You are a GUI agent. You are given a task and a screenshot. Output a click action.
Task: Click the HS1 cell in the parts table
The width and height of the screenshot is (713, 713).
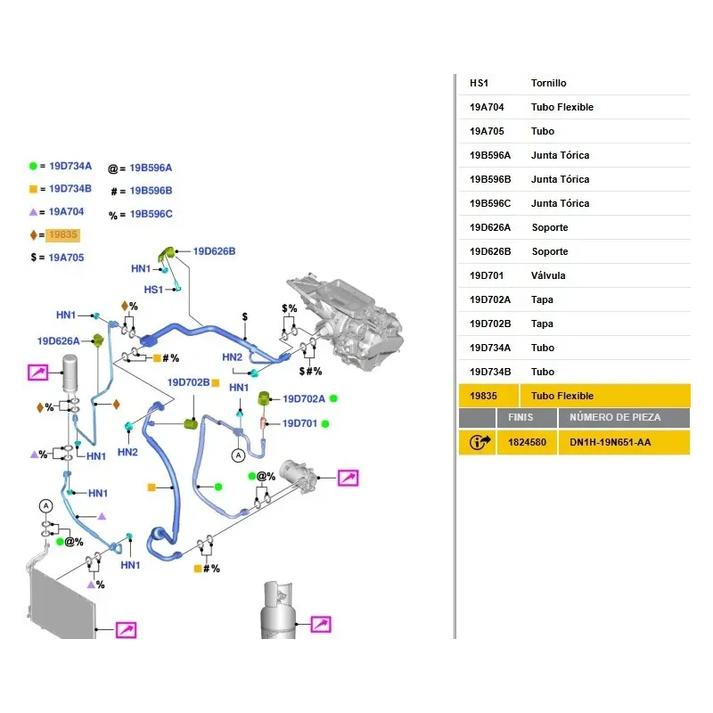point(479,83)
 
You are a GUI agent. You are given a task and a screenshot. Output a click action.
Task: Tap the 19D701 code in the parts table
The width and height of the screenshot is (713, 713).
point(486,275)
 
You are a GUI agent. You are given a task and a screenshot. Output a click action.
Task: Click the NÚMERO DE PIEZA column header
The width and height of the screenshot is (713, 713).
point(615,417)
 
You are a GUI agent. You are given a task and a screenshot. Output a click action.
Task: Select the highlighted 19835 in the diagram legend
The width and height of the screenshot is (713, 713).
point(63,235)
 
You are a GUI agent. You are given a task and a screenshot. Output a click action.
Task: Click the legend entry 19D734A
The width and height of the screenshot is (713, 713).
point(70,166)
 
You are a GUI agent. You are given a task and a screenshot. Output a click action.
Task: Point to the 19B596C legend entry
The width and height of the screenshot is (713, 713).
point(151,214)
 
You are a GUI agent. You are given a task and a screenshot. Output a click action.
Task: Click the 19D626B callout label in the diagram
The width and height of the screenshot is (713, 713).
point(214,251)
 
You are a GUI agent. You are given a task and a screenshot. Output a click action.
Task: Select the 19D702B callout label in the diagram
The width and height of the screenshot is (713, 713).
point(188,382)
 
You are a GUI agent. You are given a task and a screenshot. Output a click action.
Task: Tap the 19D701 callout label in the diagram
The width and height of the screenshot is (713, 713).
point(300,423)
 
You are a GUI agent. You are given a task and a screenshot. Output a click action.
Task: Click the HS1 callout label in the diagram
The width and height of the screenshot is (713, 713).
point(153,289)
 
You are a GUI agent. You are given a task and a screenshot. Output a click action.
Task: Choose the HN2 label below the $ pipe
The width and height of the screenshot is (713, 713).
point(233,357)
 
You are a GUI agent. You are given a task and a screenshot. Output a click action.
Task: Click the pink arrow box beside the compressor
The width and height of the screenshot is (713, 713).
point(348,479)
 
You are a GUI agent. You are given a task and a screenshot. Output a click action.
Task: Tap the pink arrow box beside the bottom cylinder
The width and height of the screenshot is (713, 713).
point(320,624)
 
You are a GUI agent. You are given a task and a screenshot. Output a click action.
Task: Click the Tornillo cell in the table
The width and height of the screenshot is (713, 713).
point(548,83)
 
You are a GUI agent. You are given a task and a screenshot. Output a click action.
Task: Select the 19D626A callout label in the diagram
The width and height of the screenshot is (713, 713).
point(58,340)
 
